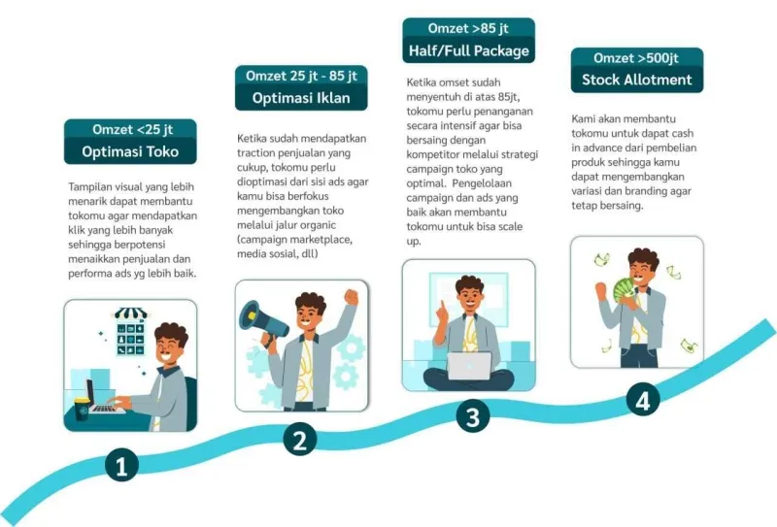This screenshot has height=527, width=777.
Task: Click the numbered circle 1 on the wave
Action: (x=122, y=465)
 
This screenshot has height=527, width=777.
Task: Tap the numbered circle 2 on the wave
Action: (x=300, y=439)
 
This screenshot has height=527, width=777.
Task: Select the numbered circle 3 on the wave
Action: (x=473, y=416)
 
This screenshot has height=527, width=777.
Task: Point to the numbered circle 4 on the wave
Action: (x=643, y=400)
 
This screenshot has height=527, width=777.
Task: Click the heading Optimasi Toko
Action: (x=130, y=151)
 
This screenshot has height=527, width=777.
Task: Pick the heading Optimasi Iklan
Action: (x=301, y=98)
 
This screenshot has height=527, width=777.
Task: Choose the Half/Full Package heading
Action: (x=469, y=50)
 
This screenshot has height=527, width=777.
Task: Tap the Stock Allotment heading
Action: (x=637, y=80)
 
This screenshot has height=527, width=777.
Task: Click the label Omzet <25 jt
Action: (x=132, y=129)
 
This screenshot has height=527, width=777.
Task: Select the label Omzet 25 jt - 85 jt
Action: (x=301, y=76)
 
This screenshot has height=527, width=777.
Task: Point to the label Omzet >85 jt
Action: (x=468, y=28)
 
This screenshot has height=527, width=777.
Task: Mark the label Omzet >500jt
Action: (x=636, y=58)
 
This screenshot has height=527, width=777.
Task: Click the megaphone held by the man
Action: (x=262, y=320)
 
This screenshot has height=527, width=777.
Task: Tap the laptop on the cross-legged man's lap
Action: (x=469, y=366)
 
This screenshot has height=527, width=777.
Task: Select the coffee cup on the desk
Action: (x=82, y=409)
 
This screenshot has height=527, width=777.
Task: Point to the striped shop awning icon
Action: (x=131, y=313)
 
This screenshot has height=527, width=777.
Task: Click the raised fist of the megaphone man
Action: (x=351, y=297)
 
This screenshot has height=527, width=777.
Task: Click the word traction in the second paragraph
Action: (x=256, y=152)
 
